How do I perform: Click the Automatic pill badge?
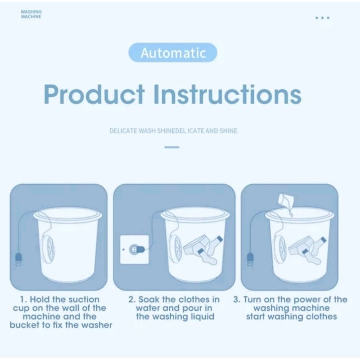tap(173, 53)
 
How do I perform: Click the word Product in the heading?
tap(94, 94)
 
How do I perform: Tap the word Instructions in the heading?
tap(227, 94)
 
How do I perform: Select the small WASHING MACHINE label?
tap(31, 14)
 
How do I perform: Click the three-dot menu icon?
tap(322, 18)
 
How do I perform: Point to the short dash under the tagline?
tap(172, 147)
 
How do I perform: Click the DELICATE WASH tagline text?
tap(173, 131)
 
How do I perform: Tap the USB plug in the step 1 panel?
tap(18, 260)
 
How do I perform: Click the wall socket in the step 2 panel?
tap(135, 250)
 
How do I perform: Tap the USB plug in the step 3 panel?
tap(250, 260)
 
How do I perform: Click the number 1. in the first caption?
tap(24, 300)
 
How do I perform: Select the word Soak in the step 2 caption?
tap(149, 300)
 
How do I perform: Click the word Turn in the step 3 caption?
tap(252, 300)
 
